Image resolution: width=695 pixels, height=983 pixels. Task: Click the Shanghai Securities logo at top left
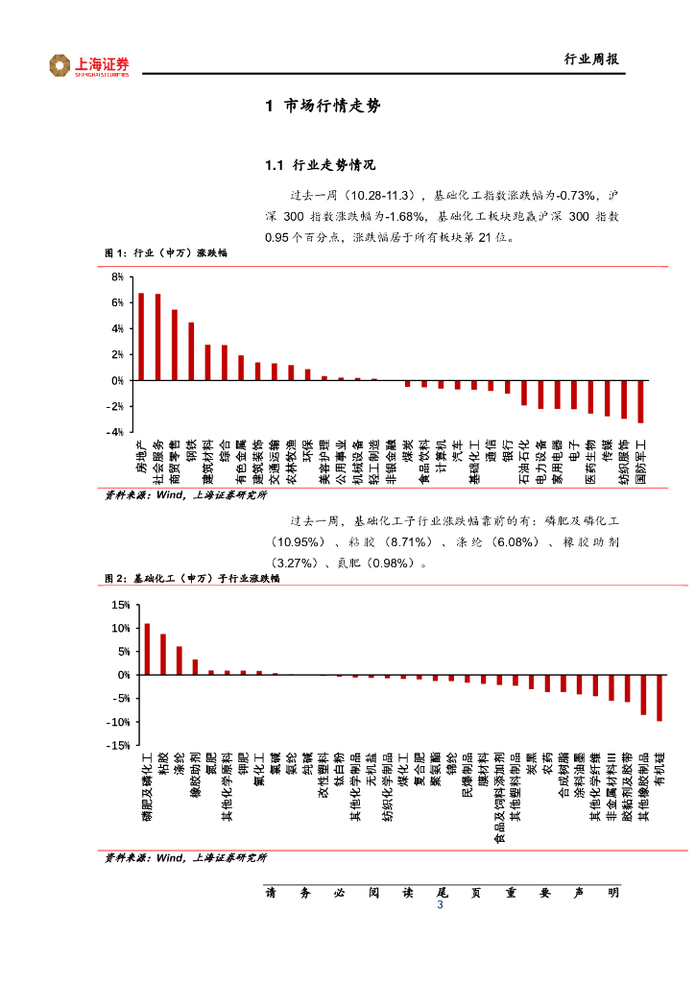[89, 65]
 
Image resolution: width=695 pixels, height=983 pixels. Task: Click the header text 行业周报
[590, 60]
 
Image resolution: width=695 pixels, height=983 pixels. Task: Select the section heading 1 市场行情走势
[323, 107]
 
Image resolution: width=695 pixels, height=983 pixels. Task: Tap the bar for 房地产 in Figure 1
[141, 337]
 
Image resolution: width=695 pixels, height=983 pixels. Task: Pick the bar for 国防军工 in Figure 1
[640, 401]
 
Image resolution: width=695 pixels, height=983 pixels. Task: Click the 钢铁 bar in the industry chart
[191, 351]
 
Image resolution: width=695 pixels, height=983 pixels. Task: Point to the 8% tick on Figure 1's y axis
[117, 277]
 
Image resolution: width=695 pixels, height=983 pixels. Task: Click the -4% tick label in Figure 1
[115, 433]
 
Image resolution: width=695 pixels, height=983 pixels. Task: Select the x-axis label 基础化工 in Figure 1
[473, 462]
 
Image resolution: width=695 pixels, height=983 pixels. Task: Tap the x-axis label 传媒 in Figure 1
[607, 452]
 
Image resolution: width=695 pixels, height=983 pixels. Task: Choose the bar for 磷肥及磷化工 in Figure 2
[147, 650]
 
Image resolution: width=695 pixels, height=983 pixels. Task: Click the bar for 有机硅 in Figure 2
[659, 698]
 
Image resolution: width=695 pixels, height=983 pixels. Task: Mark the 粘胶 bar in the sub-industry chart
[163, 655]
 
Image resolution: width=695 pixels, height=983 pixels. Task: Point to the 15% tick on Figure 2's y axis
[120, 605]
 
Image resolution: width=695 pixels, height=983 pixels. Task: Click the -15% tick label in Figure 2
[118, 745]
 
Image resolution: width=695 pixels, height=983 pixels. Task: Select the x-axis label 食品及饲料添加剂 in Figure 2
[499, 798]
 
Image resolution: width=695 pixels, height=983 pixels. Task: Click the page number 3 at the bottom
[440, 906]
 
